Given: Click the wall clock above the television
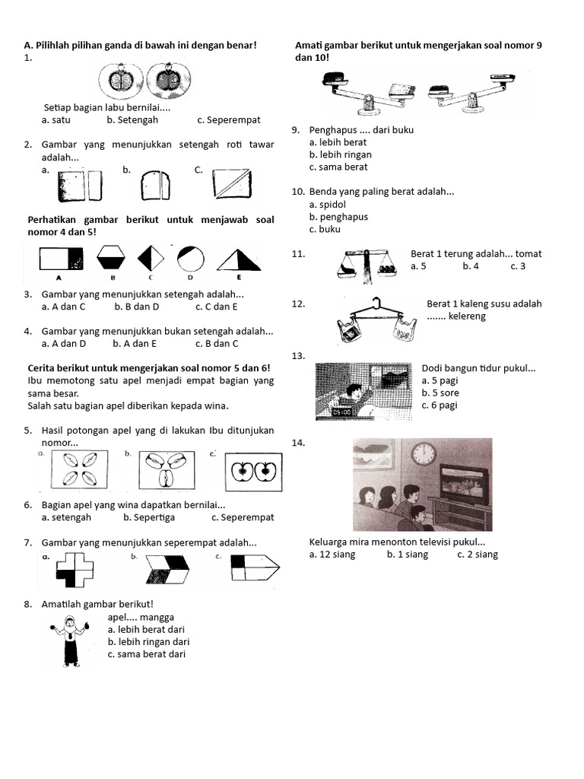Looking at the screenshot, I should click(424, 454).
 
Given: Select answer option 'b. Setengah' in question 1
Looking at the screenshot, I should click(132, 119).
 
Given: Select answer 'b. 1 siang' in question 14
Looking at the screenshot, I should click(407, 555).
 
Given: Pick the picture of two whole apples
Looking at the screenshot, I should click(250, 471).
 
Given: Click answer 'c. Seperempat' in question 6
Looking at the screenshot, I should click(243, 517).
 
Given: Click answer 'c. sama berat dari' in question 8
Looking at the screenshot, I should click(146, 654).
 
